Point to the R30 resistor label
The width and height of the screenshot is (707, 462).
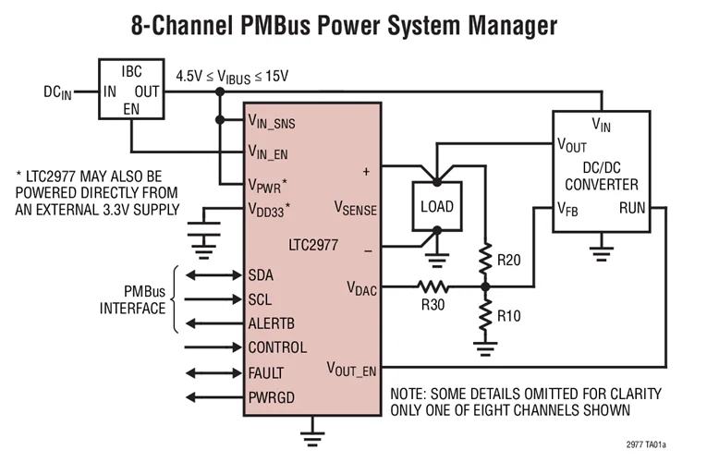coord(432,304)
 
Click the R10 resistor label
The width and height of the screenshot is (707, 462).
coord(510,315)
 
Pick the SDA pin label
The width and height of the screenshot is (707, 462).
coord(262,274)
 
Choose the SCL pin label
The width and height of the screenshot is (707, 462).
coord(261,299)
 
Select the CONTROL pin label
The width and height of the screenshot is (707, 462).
coord(277,348)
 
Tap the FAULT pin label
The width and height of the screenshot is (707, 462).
coord(266,373)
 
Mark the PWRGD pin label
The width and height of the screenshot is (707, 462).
coord(270,398)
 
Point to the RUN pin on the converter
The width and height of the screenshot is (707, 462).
coord(633,209)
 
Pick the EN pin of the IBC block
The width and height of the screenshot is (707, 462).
coord(131,108)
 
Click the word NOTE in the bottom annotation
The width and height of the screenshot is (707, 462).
coord(410,394)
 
